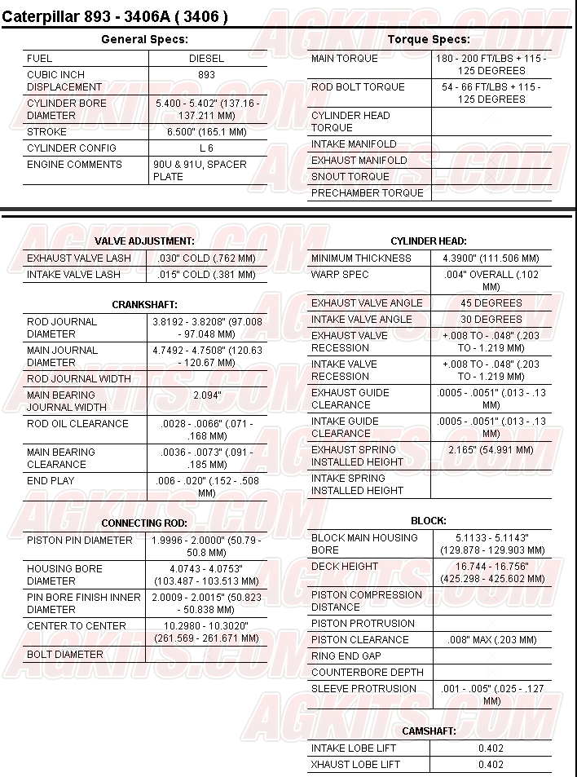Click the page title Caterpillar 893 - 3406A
click(115, 15)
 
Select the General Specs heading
click(144, 39)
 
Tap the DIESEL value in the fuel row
click(206, 59)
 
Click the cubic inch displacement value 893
click(206, 75)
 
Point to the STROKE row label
click(47, 132)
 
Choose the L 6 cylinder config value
click(206, 148)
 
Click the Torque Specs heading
click(429, 39)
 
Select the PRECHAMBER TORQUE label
click(367, 193)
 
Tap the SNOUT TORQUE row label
click(350, 177)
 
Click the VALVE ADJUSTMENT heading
click(144, 241)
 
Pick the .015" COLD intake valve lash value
click(206, 275)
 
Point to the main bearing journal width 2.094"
click(207, 395)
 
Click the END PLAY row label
click(51, 481)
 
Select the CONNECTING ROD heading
click(144, 523)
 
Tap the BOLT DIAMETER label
click(65, 655)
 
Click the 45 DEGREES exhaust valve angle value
click(491, 303)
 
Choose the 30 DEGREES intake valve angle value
click(491, 320)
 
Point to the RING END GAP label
click(346, 656)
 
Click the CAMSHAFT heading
click(429, 731)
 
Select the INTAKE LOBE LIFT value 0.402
click(491, 748)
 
